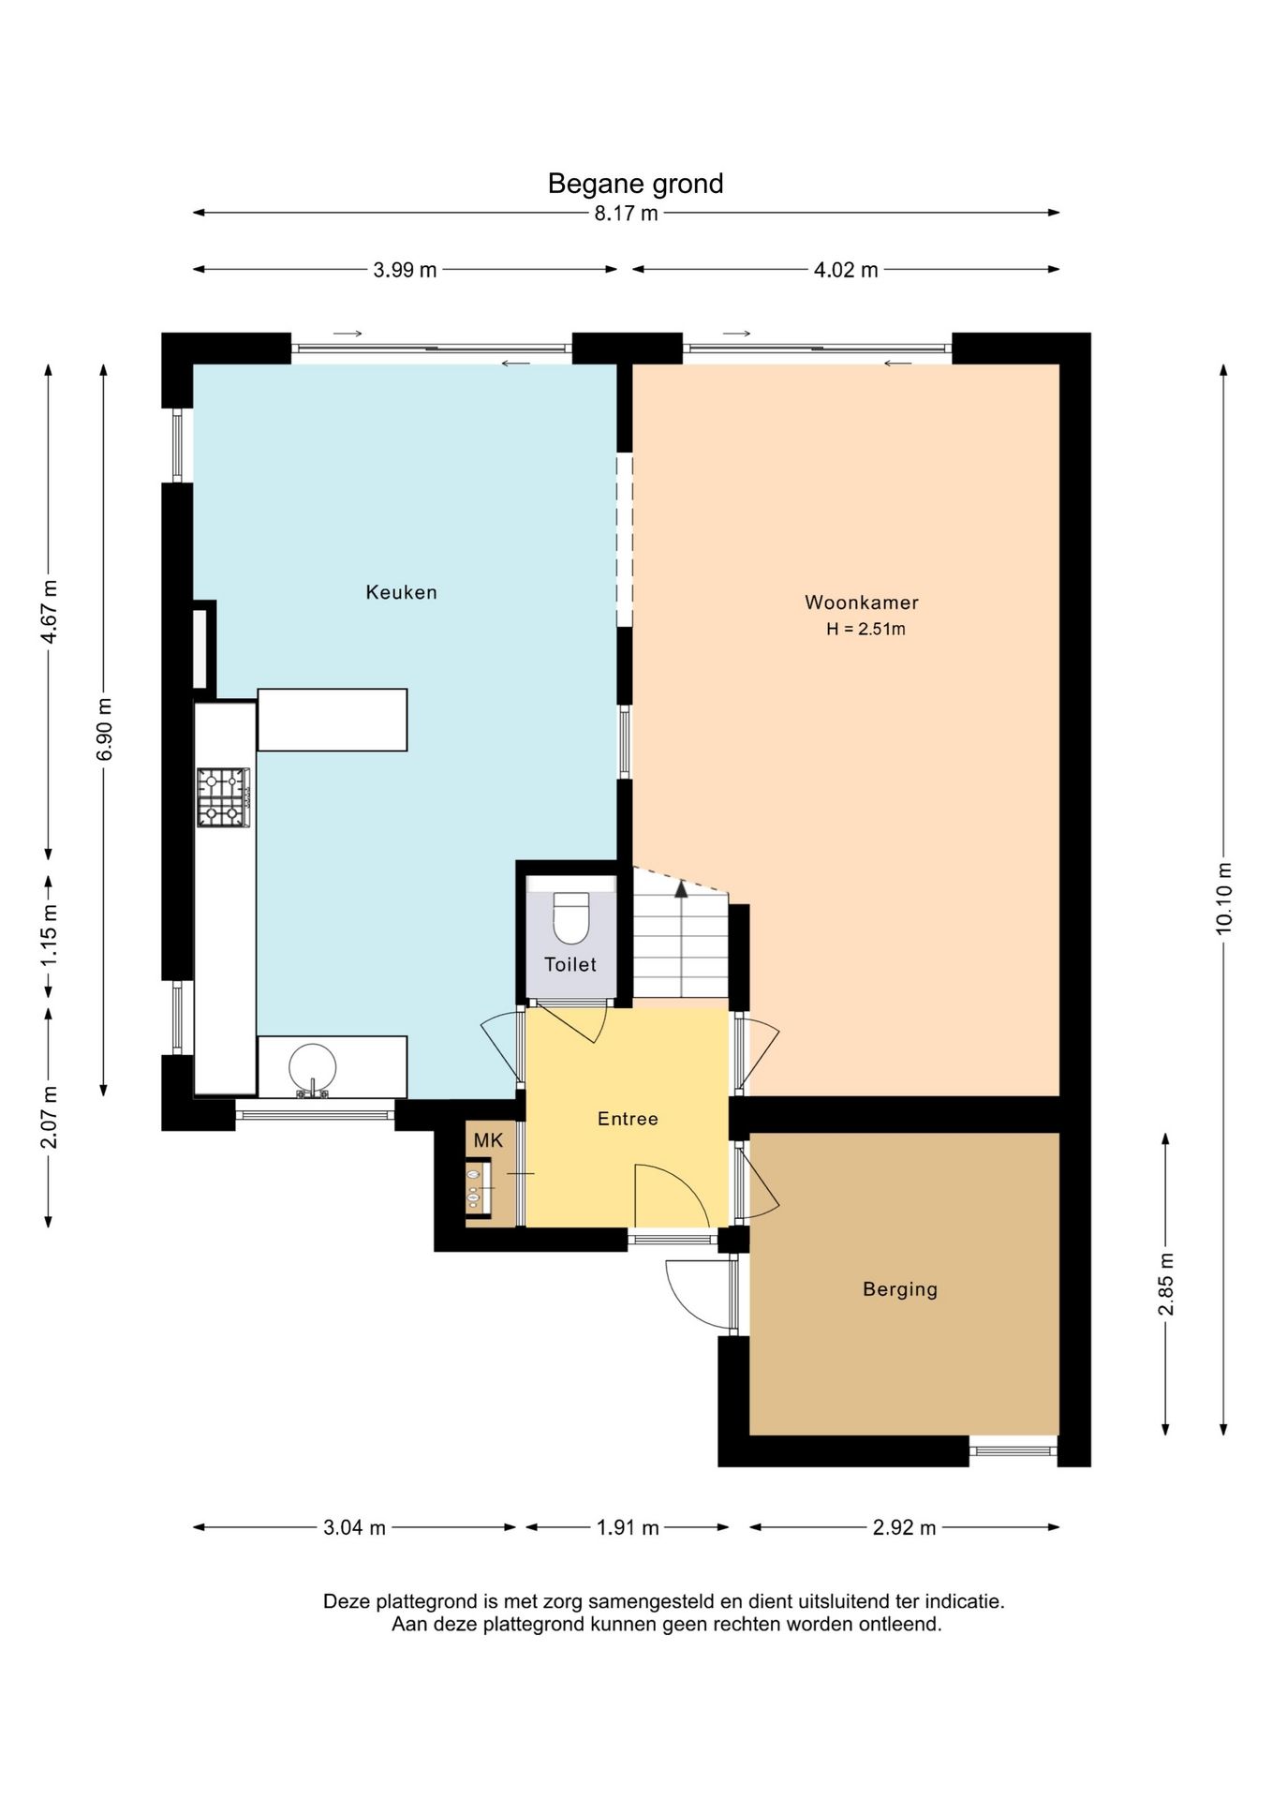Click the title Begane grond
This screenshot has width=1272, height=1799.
click(635, 184)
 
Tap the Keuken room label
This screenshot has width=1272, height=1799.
click(401, 592)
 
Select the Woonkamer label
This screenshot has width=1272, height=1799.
click(862, 602)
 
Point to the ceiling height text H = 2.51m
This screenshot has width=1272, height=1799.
click(865, 630)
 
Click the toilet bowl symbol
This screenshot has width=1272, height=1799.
click(570, 917)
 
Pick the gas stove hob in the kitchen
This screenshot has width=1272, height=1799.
click(224, 797)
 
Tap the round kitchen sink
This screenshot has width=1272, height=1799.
click(312, 1068)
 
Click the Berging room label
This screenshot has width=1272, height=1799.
click(900, 1289)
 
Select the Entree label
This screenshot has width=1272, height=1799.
click(628, 1119)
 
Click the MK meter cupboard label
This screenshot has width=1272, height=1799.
click(488, 1140)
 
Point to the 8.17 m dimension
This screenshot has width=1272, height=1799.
click(626, 214)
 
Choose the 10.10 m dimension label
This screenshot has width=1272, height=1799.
click(1224, 898)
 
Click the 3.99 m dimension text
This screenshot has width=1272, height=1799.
click(405, 271)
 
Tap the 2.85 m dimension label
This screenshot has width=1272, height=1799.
click(1166, 1284)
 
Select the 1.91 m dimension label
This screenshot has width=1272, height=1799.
click(628, 1528)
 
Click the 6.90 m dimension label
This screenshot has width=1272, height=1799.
click(104, 729)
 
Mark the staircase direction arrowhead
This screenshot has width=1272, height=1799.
click(681, 889)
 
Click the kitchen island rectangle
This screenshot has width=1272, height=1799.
click(333, 720)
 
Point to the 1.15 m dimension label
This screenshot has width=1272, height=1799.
click(49, 935)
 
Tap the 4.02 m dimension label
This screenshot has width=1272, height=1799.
click(846, 271)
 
